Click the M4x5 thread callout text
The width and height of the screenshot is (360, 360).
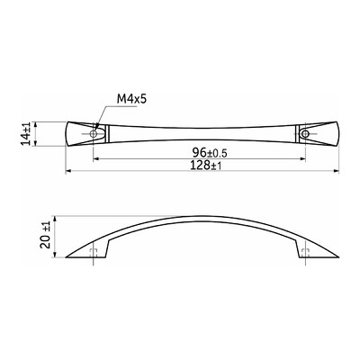tap(132, 99)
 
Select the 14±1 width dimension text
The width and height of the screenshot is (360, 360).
tap(26, 134)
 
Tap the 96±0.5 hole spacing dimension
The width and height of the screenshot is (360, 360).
tap(210, 153)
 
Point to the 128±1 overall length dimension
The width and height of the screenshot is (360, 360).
tap(206, 166)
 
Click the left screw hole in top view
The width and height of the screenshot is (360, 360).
tap(94, 134)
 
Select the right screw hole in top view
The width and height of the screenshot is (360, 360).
tap(305, 134)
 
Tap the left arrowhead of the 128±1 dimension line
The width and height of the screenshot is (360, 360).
tap(68, 171)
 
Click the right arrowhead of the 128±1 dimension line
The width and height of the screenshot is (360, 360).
tap(336, 171)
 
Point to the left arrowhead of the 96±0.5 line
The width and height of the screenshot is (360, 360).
tap(96, 159)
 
